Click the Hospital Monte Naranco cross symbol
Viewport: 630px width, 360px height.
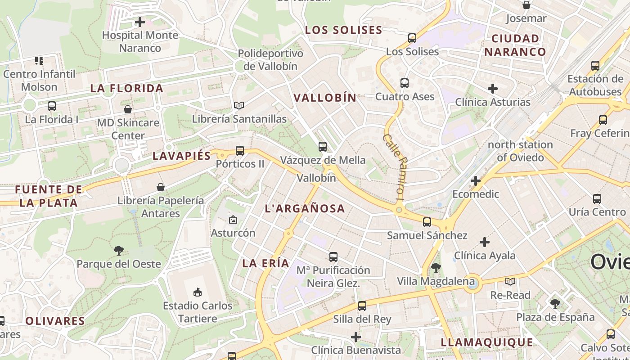[x=140, y=22]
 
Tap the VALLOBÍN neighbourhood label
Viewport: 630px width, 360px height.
[x=325, y=98]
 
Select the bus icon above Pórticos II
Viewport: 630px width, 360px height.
[x=240, y=150]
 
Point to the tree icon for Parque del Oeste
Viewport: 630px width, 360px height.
[x=119, y=250]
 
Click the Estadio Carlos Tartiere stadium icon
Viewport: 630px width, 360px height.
[x=197, y=292]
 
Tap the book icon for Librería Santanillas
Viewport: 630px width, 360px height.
[x=239, y=105]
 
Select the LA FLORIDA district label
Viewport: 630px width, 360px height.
[x=127, y=88]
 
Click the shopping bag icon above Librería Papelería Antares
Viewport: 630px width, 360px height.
[x=161, y=187]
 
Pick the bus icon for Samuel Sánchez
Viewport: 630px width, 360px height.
[x=427, y=222]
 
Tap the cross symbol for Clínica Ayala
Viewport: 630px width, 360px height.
[x=484, y=242]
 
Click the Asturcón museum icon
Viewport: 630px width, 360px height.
[x=233, y=220]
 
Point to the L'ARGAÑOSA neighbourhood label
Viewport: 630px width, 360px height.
[x=305, y=208]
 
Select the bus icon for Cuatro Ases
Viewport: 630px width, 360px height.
[x=405, y=83]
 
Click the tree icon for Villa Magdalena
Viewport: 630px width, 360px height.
[x=436, y=268]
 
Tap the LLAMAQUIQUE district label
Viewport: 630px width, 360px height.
[x=487, y=342]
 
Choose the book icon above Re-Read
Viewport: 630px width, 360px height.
[x=510, y=281]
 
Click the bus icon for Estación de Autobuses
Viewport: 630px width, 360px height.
[x=595, y=65]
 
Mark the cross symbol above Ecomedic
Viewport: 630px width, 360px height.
[x=476, y=181]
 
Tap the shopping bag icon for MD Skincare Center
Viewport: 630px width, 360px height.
[x=128, y=109]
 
